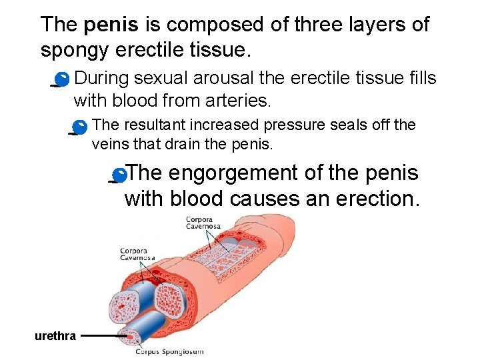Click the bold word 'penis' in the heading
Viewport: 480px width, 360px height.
coord(111,25)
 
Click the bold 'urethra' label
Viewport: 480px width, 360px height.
coord(55,336)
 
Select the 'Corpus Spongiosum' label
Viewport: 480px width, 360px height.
coord(169,351)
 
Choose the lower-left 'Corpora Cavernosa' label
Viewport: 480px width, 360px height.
coord(137,255)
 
